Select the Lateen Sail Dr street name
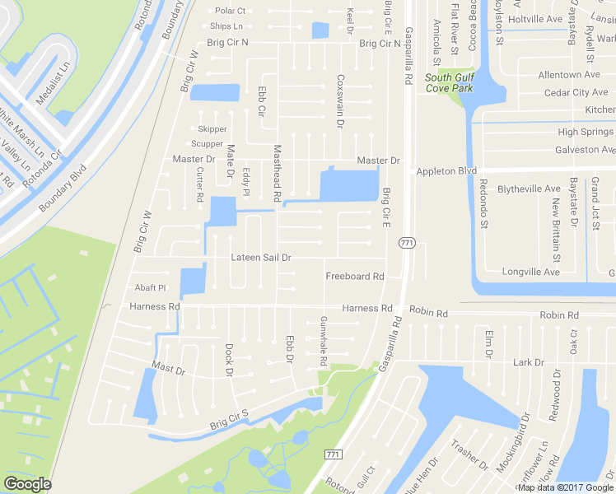pyautogui.click(x=261, y=258)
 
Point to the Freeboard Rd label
pyautogui.click(x=355, y=277)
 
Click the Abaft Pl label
pyautogui.click(x=151, y=288)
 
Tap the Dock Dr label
pyautogui.click(x=230, y=359)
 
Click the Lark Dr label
pyautogui.click(x=528, y=362)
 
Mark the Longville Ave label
pyautogui.click(x=532, y=272)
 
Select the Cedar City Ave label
pyautogui.click(x=576, y=93)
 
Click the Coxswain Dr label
pyautogui.click(x=340, y=100)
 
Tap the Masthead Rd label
pyautogui.click(x=278, y=173)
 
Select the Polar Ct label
pyautogui.click(x=231, y=11)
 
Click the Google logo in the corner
pyautogui.click(x=28, y=484)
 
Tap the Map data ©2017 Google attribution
pyautogui.click(x=566, y=487)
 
